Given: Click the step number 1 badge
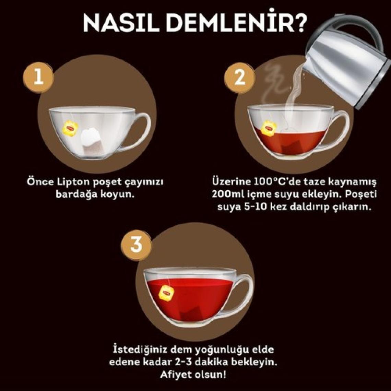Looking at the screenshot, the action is pos(38,77).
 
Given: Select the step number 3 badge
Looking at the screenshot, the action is pos(136,245).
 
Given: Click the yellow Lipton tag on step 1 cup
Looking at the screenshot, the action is pos(70,128).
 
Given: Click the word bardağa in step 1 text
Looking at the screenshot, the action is pos(76,194).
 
